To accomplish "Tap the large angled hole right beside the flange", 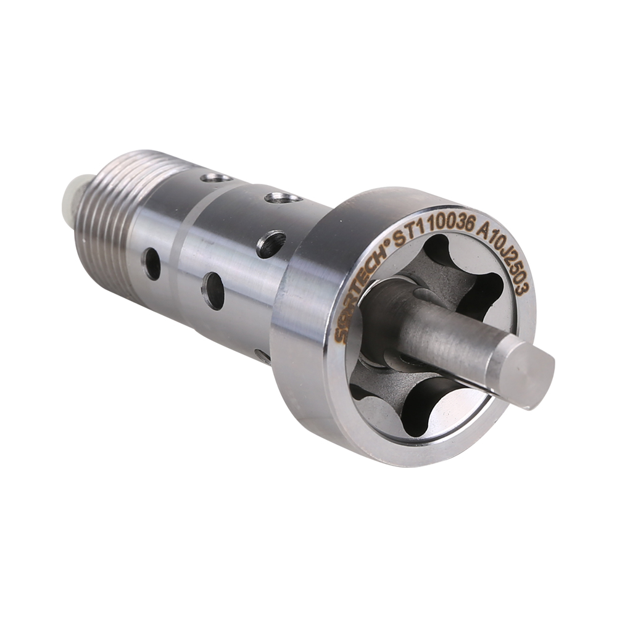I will pyautogui.click(x=271, y=244).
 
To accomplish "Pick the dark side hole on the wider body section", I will pyautogui.click(x=213, y=291).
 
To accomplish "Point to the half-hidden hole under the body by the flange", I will pyautogui.click(x=262, y=356).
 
